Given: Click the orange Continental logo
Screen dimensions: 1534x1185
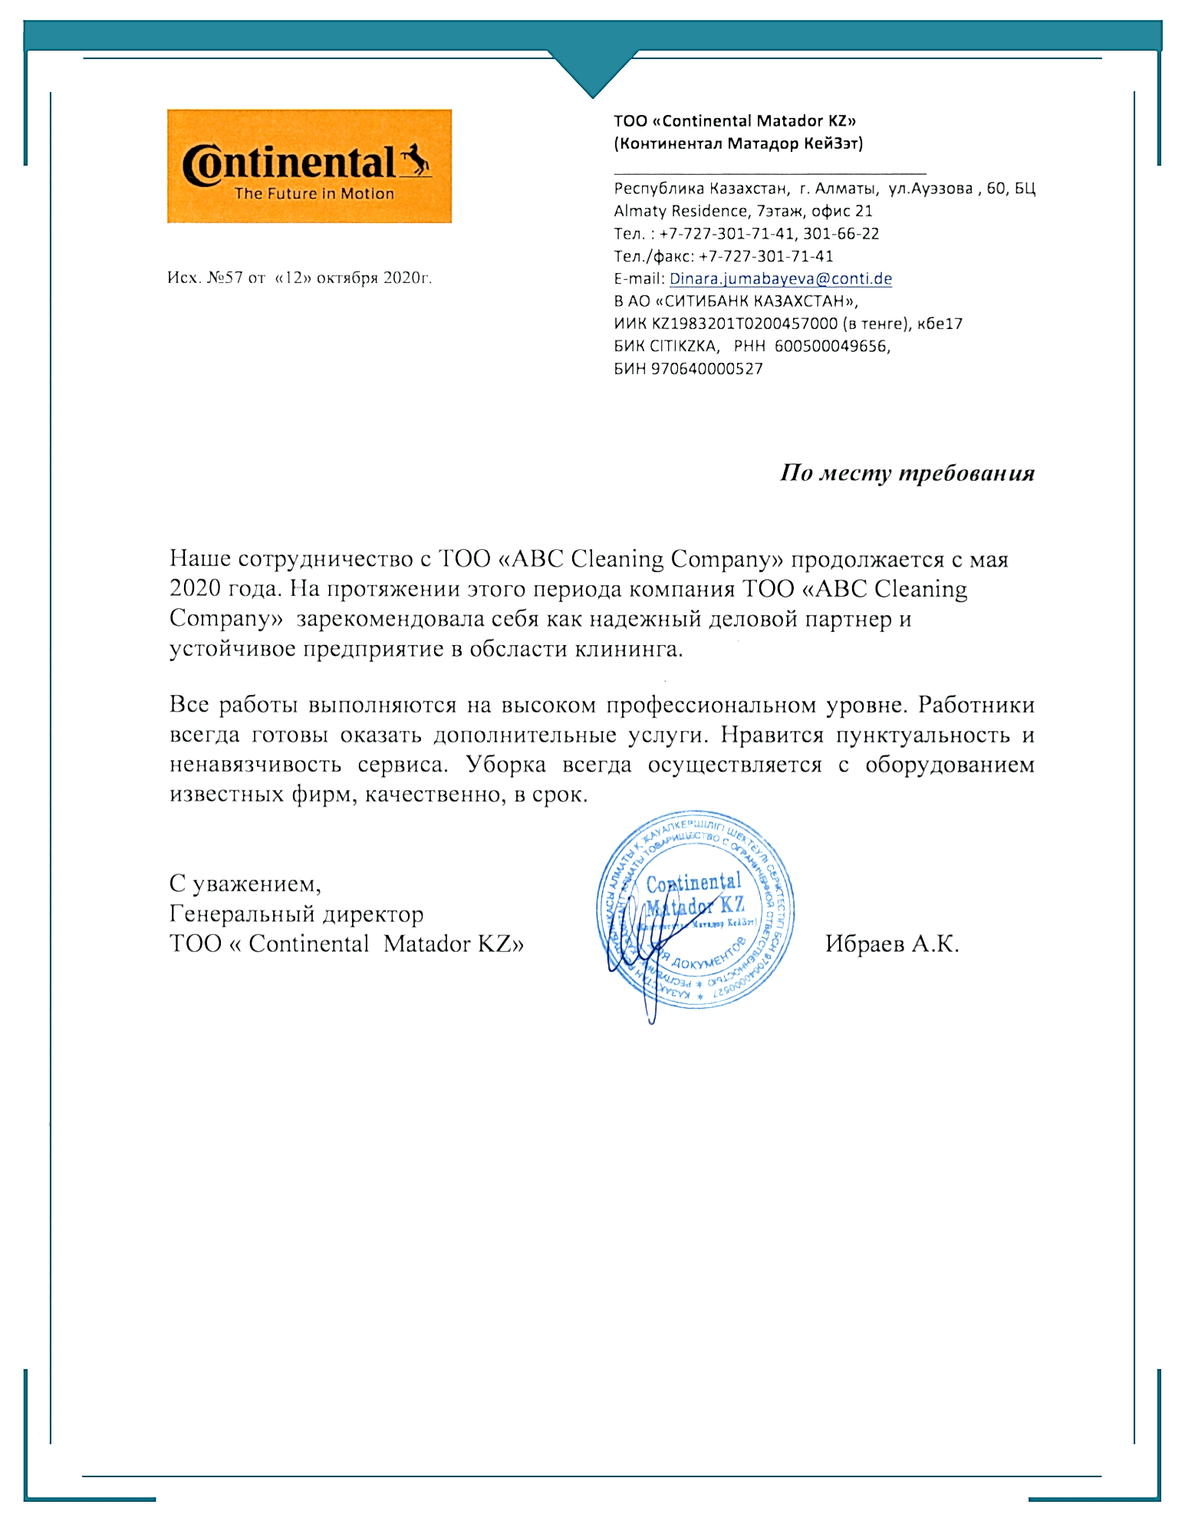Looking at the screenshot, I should coord(309,166).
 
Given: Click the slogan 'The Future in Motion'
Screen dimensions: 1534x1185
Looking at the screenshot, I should coord(314,194).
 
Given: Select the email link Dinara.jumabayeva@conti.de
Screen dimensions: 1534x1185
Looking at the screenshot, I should coord(780,278).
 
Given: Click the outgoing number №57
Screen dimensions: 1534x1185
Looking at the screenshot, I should coord(225,278).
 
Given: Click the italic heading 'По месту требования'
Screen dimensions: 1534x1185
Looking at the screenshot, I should coord(907,472).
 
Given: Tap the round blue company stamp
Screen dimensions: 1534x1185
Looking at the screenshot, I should coord(695,910).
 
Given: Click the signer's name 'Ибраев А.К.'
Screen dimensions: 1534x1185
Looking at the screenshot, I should coord(892,943).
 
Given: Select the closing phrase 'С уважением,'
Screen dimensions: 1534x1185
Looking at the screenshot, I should coord(245,884).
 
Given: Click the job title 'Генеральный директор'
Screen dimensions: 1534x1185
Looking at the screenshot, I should coord(296,913).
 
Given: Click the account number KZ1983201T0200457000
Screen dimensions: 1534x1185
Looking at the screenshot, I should coord(744,324).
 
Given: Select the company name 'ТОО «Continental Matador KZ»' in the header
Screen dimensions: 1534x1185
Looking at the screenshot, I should coord(734,120).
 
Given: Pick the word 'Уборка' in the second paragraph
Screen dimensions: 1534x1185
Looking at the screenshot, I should coord(506,765).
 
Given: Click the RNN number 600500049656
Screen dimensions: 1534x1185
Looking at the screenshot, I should coord(831,346).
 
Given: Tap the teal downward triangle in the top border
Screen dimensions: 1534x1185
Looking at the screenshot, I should coord(592,73).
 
